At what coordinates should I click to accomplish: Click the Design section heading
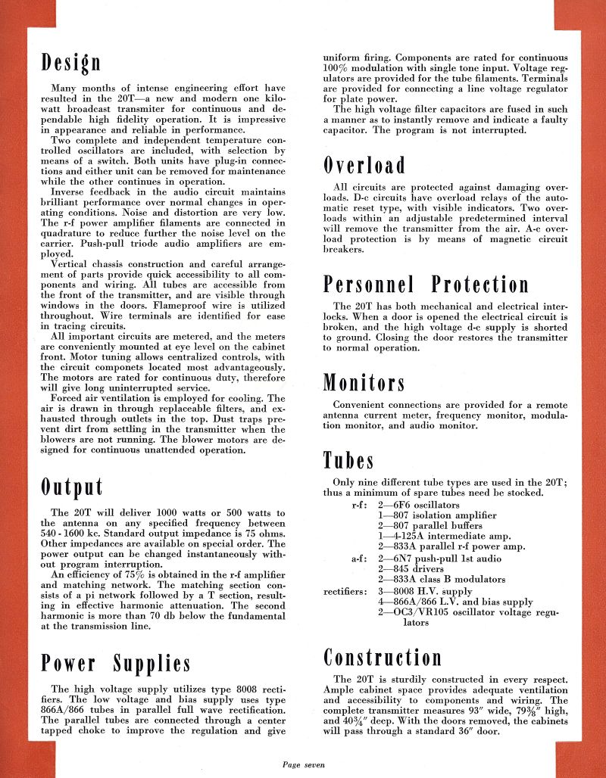[71, 61]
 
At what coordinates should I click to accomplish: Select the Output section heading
[72, 487]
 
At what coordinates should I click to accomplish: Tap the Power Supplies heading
[115, 664]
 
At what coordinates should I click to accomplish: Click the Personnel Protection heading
[426, 285]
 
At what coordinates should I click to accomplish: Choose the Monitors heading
[364, 382]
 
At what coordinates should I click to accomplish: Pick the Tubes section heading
[348, 460]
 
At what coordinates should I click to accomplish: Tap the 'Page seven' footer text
[303, 765]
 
